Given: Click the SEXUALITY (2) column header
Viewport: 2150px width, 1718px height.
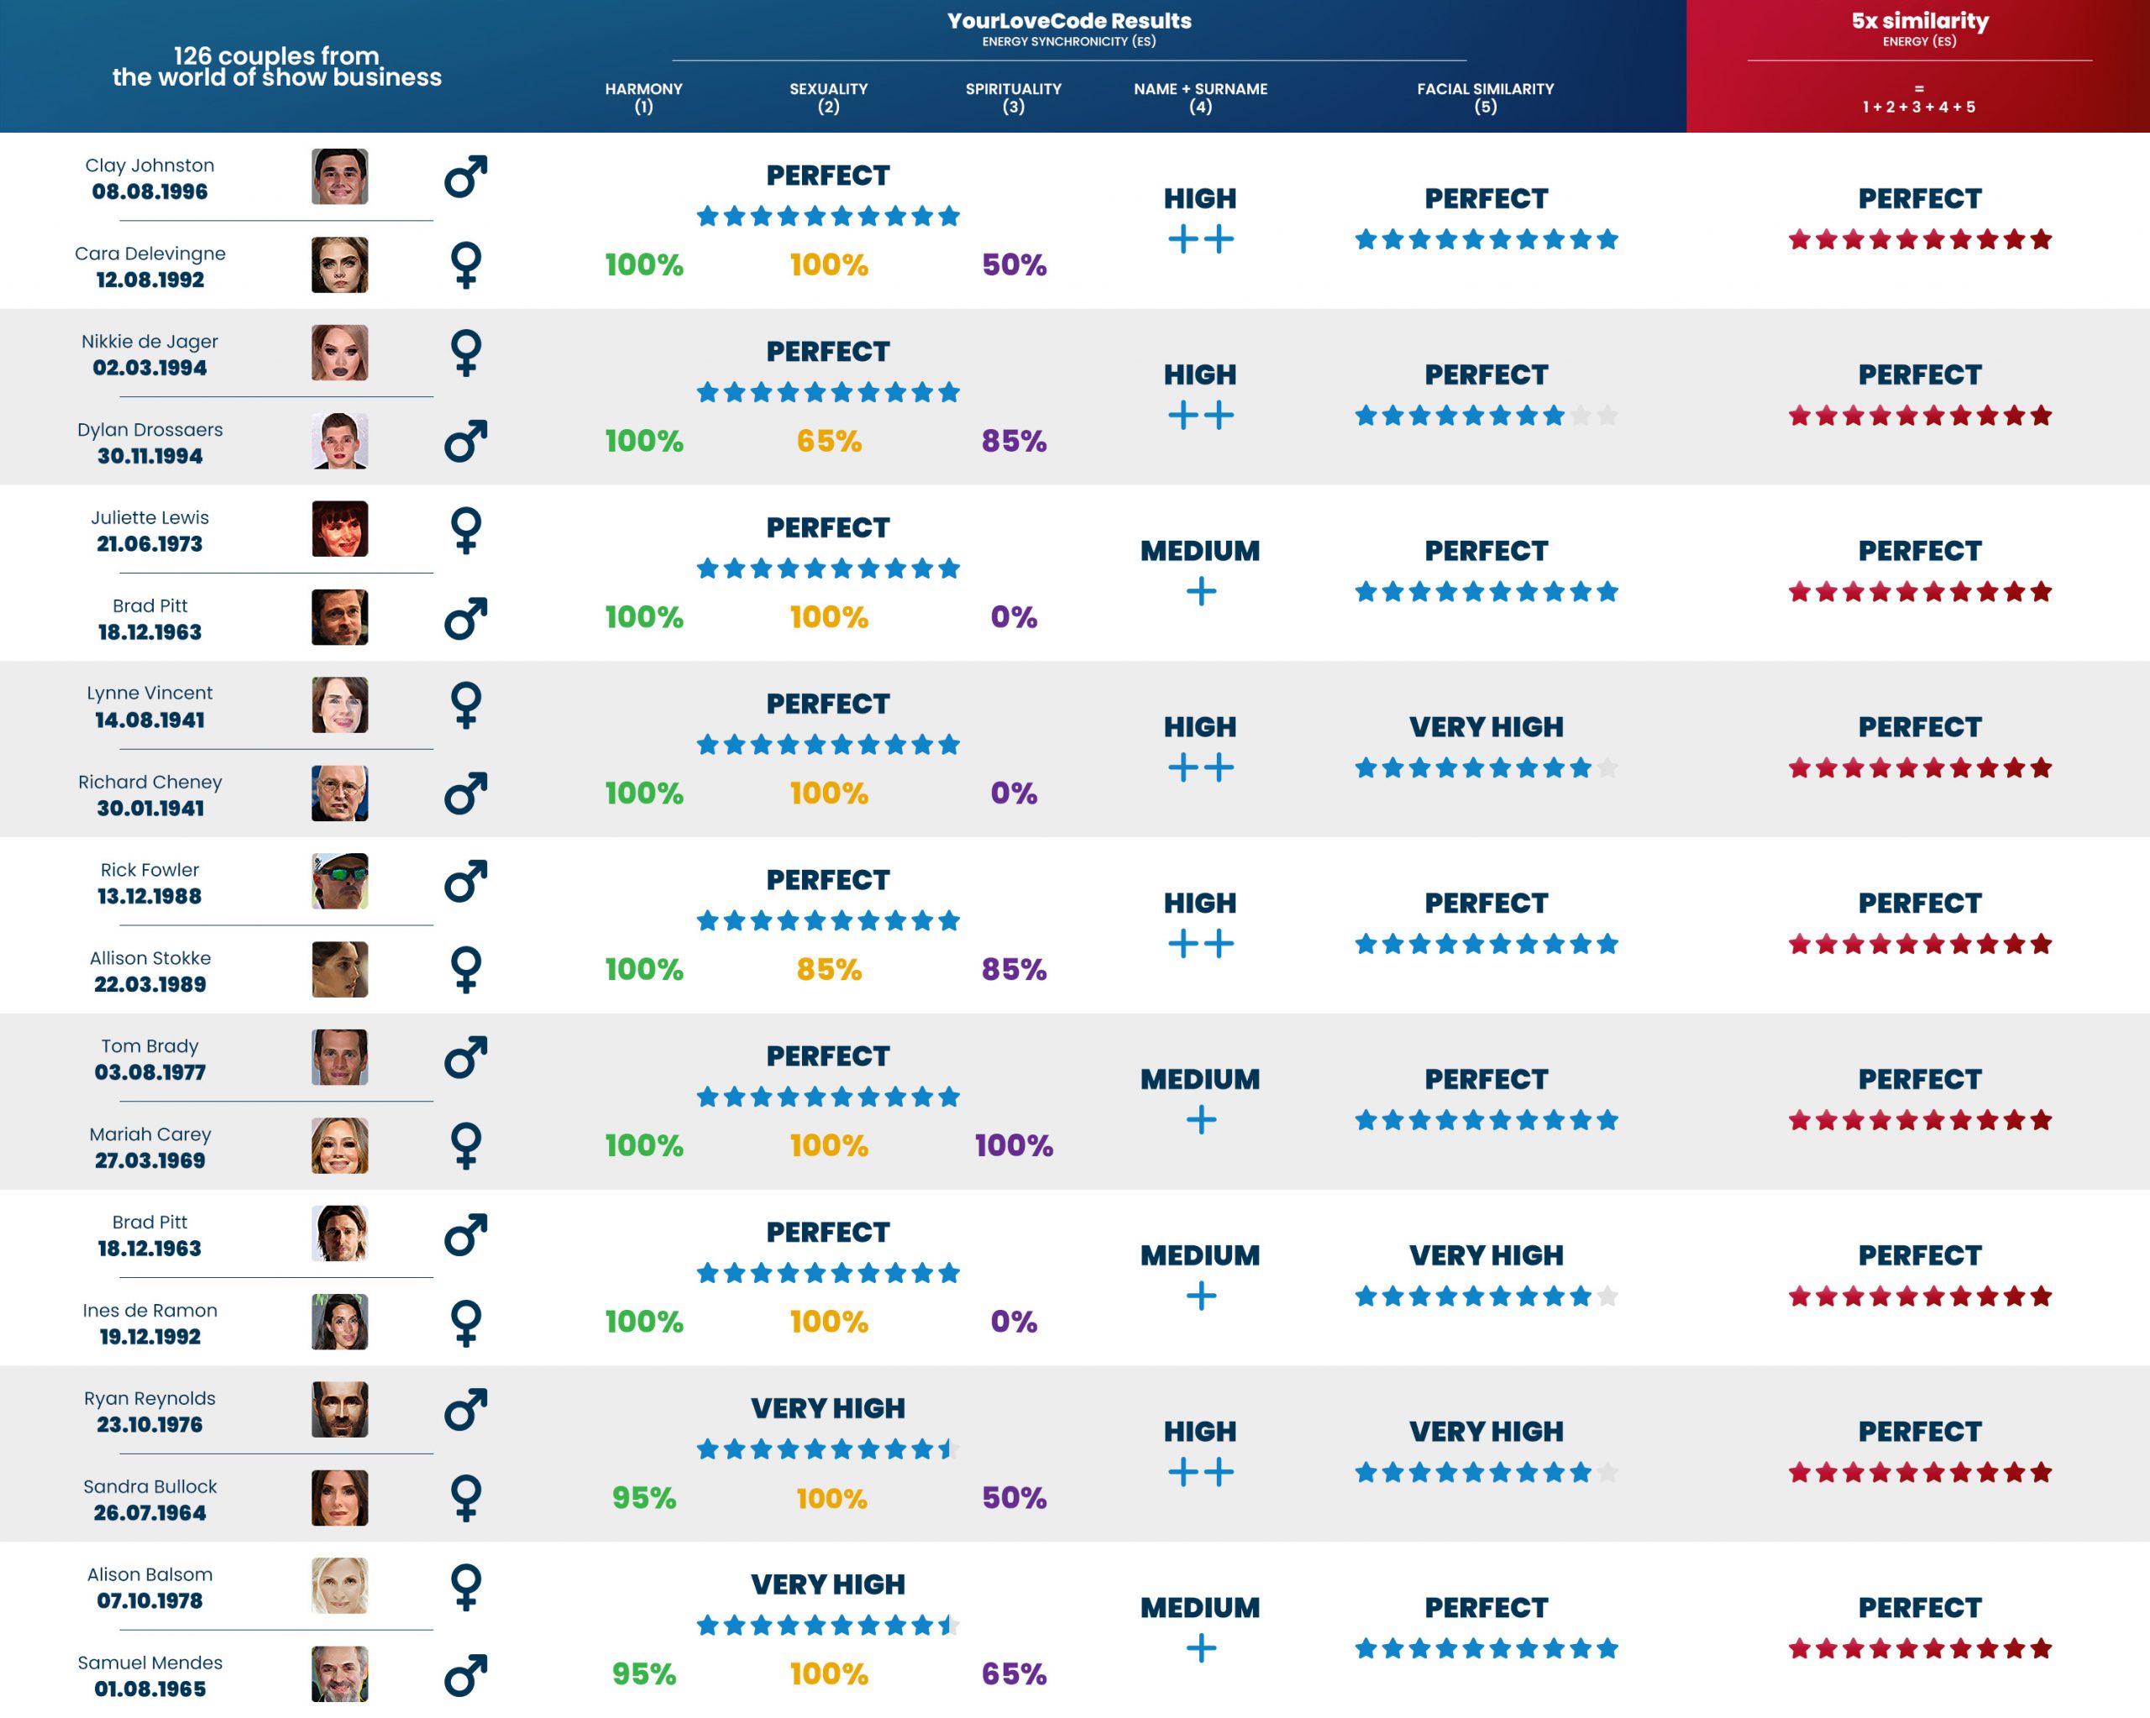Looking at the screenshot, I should pos(828,97).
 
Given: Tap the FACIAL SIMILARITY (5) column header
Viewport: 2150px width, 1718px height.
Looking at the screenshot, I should pos(1485,97).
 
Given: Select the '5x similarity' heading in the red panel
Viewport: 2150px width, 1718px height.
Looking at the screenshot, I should pos(1919,21).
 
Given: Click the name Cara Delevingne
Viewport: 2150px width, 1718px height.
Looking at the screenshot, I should pos(149,254).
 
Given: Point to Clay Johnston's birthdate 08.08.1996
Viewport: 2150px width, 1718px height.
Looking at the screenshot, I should pos(149,191).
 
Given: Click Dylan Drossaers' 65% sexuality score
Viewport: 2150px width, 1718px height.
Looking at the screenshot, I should pos(828,441).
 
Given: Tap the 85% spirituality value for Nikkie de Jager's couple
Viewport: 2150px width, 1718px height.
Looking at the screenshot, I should pos(1013,441).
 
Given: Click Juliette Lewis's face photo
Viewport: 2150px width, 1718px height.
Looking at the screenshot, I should pos(339,528).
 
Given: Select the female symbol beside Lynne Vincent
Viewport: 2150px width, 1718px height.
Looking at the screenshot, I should pos(466,705).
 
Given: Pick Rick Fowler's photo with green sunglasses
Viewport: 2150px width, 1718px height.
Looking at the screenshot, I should pos(339,882).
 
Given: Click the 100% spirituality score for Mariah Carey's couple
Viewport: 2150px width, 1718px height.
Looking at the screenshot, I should pos(1013,1144).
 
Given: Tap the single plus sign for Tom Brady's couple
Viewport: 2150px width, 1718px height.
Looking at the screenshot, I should pos(1201,1120).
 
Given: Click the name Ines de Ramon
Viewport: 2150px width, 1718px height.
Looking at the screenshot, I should pos(149,1310).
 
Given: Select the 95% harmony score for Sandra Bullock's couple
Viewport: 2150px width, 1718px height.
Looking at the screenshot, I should pos(643,1498).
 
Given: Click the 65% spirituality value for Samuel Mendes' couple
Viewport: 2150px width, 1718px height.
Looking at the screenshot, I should pos(1013,1673).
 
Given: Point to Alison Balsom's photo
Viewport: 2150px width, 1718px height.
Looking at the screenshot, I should pos(339,1585).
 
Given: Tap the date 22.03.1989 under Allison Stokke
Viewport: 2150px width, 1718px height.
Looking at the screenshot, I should pos(149,984).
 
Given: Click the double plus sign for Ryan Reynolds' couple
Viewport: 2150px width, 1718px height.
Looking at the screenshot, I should pos(1201,1472).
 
